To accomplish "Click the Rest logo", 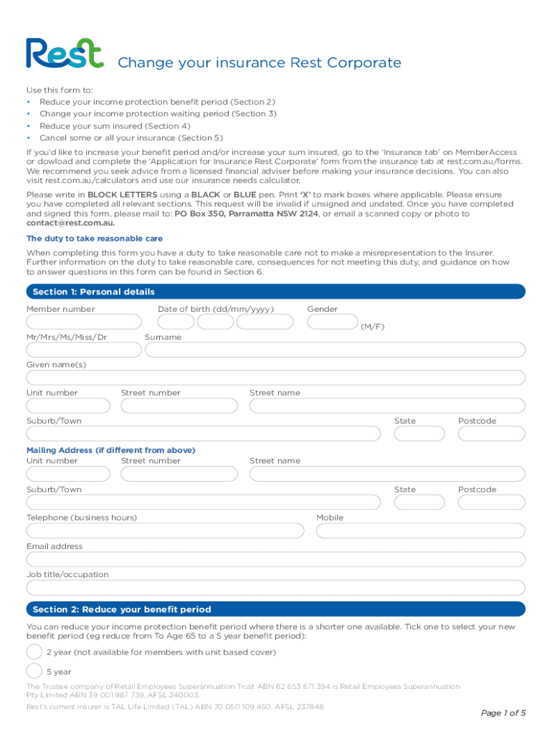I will [x=65, y=54].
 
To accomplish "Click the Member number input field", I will [x=84, y=322].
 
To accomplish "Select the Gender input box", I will [x=332, y=322].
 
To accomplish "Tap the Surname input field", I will [x=335, y=350].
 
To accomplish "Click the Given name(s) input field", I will [x=276, y=378].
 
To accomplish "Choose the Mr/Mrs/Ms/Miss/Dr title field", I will [x=84, y=350].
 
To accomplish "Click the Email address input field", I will [x=276, y=559].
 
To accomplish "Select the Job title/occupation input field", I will [x=276, y=588].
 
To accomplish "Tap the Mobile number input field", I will [x=421, y=531].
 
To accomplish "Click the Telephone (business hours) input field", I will [x=166, y=531].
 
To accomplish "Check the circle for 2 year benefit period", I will [x=34, y=652].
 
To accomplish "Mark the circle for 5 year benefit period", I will [x=34, y=671].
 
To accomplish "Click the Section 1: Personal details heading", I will [x=94, y=292].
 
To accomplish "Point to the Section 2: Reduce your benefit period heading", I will [x=122, y=609].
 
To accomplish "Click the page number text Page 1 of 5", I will [x=503, y=712].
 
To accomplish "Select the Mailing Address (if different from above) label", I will [x=110, y=450].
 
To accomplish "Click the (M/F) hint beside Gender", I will [x=372, y=327].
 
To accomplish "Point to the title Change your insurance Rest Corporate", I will [x=259, y=63].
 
